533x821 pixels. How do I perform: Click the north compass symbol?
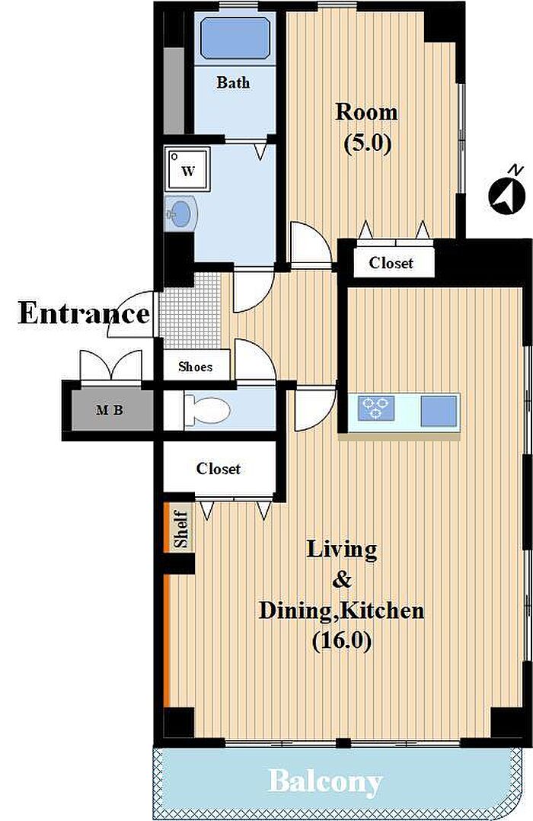coord(507,193)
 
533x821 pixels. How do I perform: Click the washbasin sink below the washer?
coord(180,213)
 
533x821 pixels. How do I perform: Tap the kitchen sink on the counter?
coord(439,410)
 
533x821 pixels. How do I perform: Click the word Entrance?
coord(85,313)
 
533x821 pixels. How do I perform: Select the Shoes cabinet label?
coord(195,367)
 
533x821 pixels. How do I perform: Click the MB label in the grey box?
coord(110,410)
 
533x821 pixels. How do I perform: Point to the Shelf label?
coord(181,529)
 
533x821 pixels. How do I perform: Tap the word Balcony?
coord(325,783)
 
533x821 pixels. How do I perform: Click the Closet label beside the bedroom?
coord(391,262)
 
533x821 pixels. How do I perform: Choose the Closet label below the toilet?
coord(218,468)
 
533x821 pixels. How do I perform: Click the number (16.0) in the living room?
coord(342,640)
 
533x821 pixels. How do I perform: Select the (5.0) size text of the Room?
coord(368,143)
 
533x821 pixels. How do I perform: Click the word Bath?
coord(233,82)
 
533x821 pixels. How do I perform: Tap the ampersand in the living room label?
coord(342,579)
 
